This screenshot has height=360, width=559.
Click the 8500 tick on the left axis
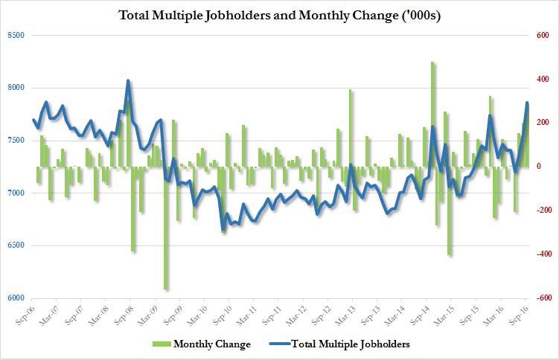tap(16, 35)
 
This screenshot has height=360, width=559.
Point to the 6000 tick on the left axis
tap(16, 298)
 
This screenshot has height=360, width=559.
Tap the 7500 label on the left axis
tap(16, 141)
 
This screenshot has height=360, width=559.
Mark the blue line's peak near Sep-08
tap(128, 80)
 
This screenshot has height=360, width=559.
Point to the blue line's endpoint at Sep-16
tap(528, 103)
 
